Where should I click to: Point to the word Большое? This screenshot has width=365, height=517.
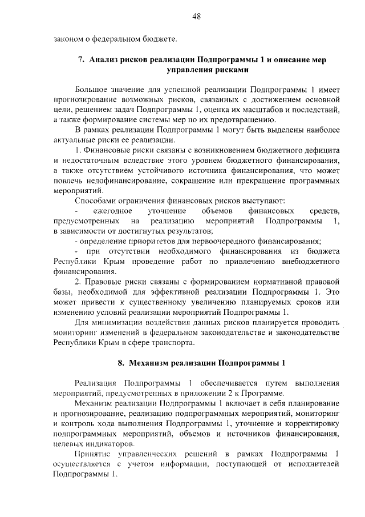93,90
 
